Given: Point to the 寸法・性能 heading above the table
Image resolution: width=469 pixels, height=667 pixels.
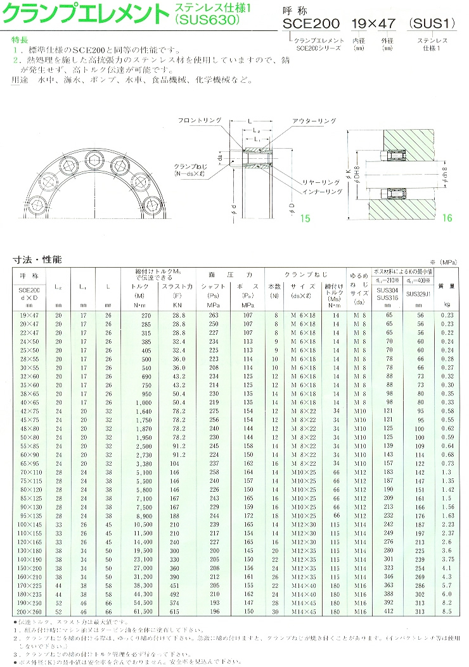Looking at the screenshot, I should pos(38,259).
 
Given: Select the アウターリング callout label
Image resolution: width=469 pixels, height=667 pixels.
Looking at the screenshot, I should pos(312,120).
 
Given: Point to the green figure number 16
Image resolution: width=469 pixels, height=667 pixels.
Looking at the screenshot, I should pos(447,218).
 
